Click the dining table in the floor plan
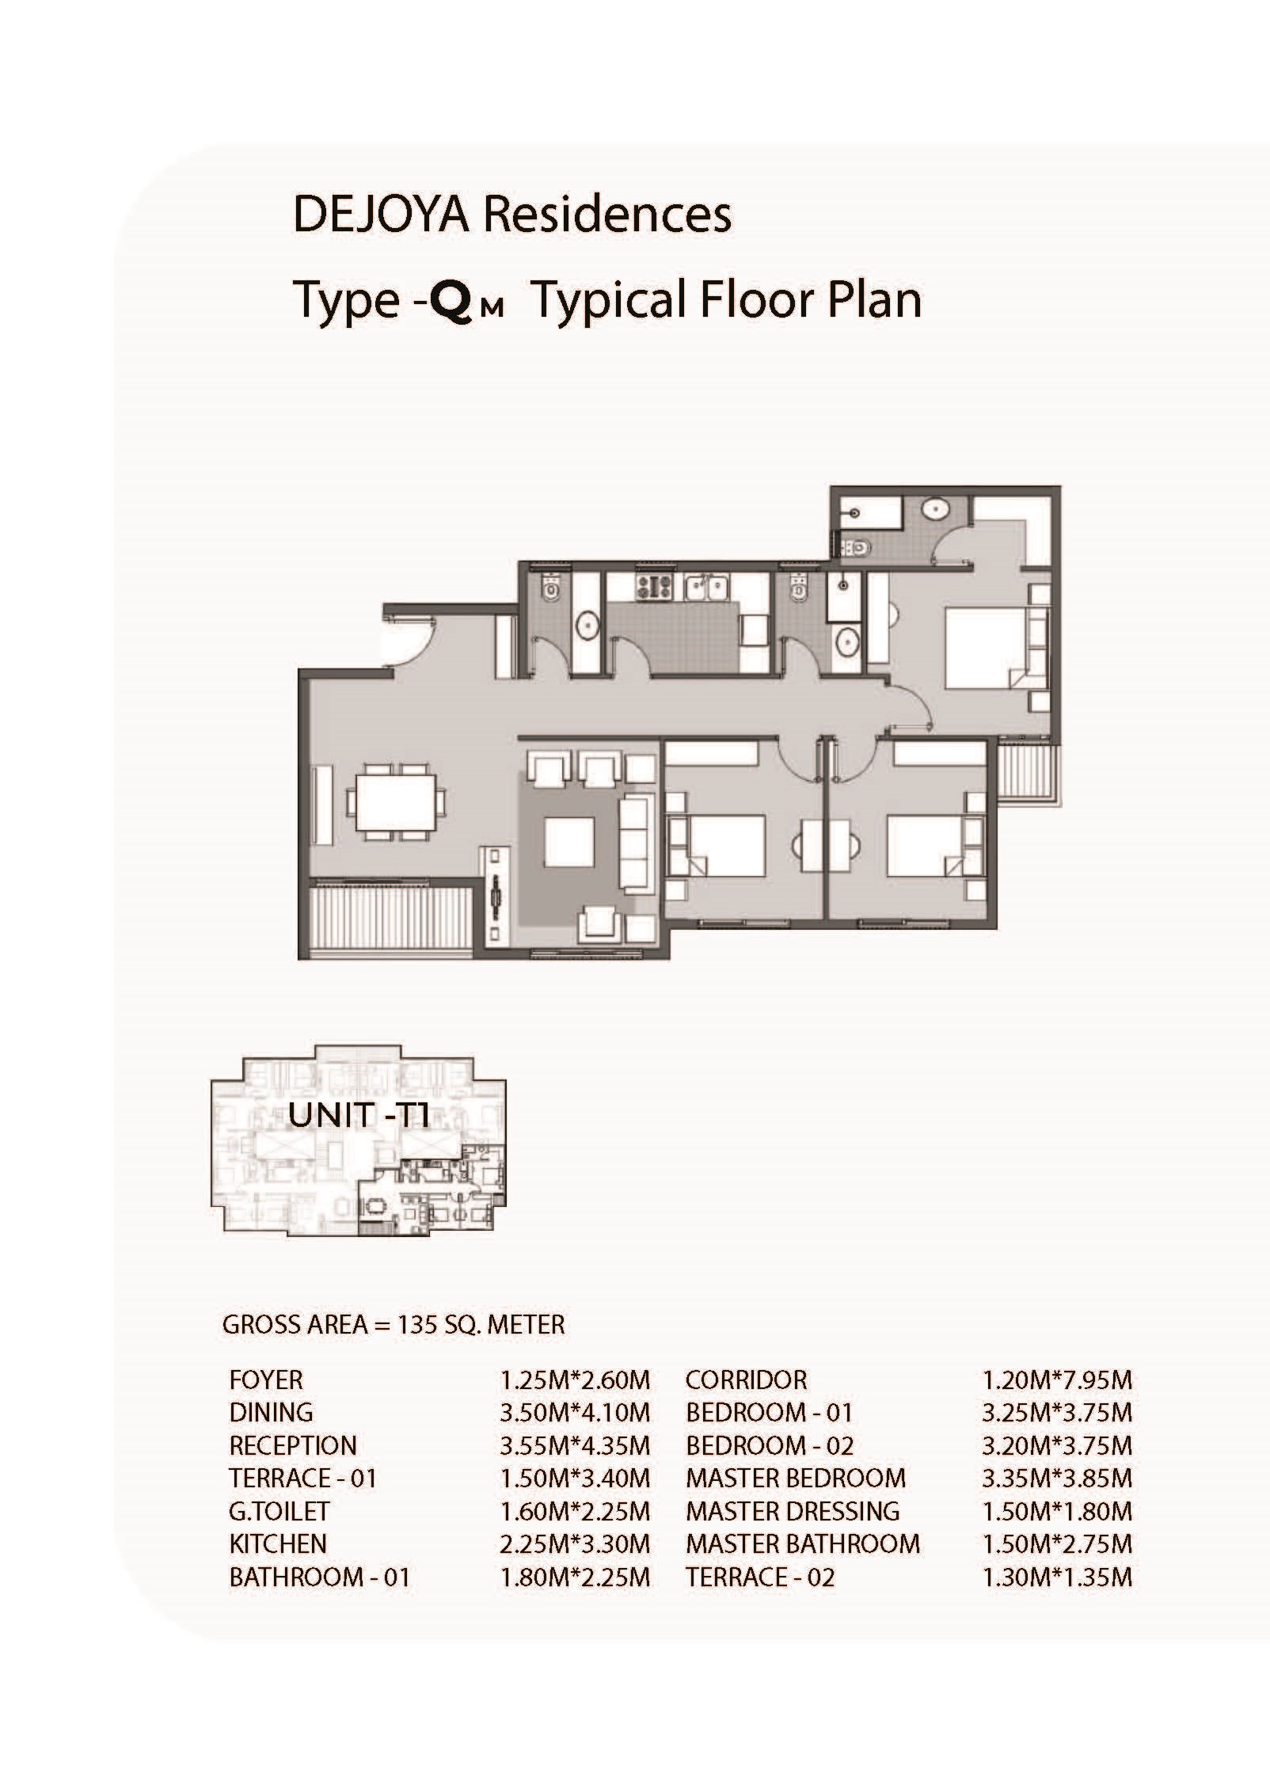395,803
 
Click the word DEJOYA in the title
379,215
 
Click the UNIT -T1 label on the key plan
359,1116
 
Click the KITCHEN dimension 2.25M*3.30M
575,1543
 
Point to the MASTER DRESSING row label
793,1511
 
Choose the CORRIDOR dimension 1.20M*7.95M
1057,1380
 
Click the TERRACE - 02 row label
760,1577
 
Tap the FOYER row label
266,1380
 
